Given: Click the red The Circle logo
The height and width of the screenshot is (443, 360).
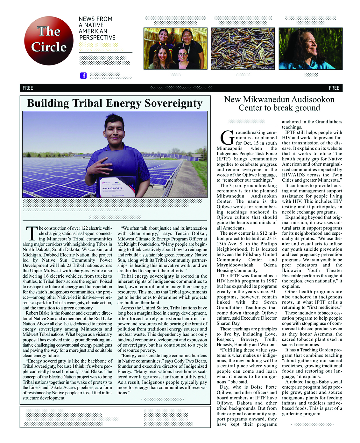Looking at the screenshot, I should coord(49,40).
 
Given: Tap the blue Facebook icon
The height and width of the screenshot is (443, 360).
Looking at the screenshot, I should coord(83,75).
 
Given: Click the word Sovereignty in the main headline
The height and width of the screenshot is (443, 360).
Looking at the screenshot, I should coord(173,103).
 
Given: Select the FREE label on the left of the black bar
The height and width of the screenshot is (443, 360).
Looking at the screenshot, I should coord(28,88).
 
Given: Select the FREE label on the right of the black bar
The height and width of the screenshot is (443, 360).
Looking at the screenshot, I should coord(334,88).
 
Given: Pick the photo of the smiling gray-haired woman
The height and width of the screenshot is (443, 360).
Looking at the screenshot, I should coord(310,49).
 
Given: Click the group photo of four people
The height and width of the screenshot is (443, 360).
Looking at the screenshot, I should coord(175,49).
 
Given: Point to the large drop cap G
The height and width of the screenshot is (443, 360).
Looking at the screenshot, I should coord(227,138).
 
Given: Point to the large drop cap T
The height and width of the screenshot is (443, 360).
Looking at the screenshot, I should coord(32,234).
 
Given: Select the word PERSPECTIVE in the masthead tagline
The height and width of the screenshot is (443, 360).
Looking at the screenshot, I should coord(97,38).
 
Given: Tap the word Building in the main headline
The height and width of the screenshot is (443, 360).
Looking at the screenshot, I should coord(48,103).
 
